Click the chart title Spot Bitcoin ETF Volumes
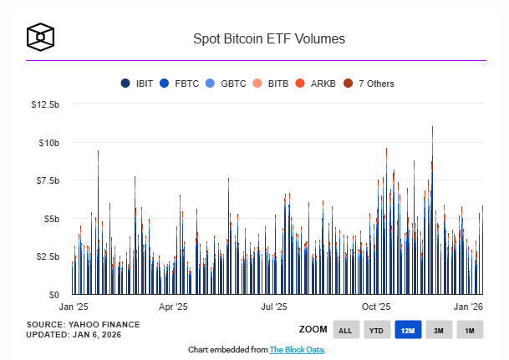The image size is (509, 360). (269, 38)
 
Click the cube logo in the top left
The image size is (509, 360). (41, 37)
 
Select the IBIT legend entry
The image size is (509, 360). (139, 84)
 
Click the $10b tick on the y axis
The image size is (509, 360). (48, 143)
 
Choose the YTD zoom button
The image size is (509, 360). (377, 331)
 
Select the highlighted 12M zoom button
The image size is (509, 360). (408, 331)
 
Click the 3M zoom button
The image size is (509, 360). (439, 331)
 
